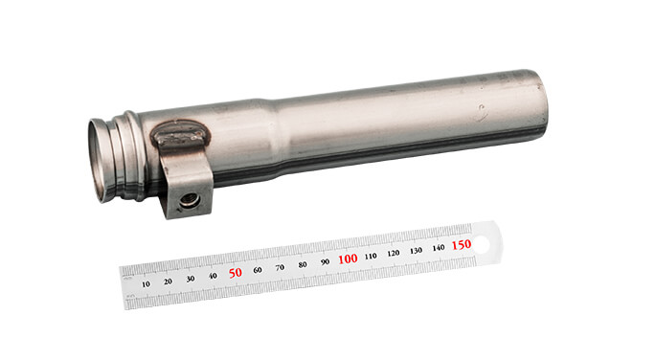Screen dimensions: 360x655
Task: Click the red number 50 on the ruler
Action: point(236,273)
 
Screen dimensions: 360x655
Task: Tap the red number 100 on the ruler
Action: point(348,259)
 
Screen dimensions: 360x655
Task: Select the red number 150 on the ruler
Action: point(462,244)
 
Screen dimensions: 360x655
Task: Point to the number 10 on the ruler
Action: point(146,284)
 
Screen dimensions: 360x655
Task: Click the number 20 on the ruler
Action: point(168,281)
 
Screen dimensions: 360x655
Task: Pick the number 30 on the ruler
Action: point(190,279)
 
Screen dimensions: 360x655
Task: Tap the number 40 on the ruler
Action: point(213,276)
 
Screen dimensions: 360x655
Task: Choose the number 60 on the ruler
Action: point(258,270)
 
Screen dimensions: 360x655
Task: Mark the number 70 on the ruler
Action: point(281,267)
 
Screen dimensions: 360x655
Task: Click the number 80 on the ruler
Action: point(303,264)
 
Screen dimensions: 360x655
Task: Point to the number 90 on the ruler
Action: point(326,261)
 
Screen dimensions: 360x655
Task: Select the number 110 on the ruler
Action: point(371,256)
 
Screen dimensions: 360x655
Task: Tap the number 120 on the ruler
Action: point(394,253)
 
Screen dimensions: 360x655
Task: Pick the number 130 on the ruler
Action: point(416,250)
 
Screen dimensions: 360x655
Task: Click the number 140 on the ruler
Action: point(439,247)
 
